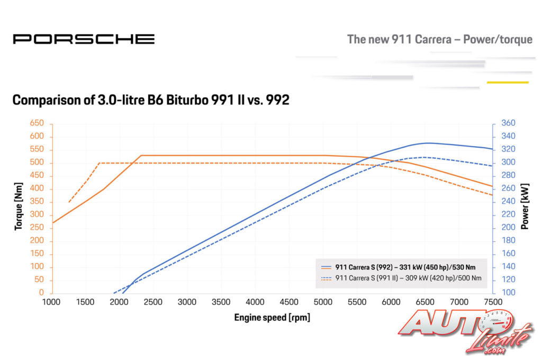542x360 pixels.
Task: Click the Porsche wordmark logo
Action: (84, 39)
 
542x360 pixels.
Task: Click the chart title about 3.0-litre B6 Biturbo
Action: (151, 100)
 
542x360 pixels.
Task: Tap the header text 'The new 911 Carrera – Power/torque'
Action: (439, 39)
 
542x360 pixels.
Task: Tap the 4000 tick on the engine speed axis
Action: (255, 302)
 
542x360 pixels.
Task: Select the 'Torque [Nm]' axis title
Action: (19, 207)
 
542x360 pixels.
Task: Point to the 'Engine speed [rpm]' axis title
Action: (272, 318)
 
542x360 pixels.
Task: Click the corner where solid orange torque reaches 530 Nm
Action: (141, 156)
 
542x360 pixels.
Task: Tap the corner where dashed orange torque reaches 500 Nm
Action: (99, 163)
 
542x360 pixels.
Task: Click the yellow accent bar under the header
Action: (508, 83)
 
